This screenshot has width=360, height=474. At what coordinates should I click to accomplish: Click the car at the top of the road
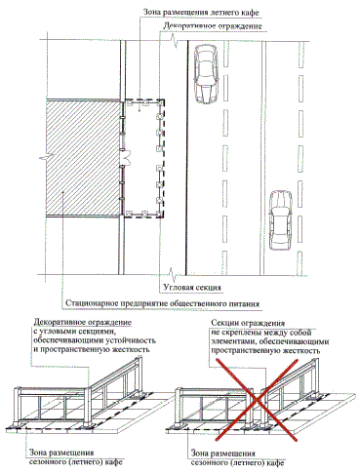[x=205, y=74]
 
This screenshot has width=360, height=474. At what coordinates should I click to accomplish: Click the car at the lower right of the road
[x=281, y=220]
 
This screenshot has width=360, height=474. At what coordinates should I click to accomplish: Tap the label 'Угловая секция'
[x=192, y=288]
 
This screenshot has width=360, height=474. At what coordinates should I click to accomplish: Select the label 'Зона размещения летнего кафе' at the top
[x=201, y=13]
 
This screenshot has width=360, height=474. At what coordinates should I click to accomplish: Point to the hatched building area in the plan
[x=83, y=158]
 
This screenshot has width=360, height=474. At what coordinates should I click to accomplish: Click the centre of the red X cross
[x=257, y=400]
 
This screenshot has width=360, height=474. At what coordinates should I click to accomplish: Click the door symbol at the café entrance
[x=126, y=157]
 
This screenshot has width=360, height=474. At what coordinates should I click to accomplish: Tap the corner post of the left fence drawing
[x=88, y=408]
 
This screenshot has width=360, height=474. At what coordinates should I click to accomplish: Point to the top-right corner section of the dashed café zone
[x=161, y=102]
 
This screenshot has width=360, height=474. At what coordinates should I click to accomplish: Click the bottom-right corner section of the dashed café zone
[x=160, y=214]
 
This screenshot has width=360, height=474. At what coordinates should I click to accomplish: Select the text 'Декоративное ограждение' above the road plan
[x=213, y=25]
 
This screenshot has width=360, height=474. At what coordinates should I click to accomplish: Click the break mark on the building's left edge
[x=45, y=158]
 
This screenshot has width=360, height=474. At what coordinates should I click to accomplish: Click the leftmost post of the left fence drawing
[x=17, y=407]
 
